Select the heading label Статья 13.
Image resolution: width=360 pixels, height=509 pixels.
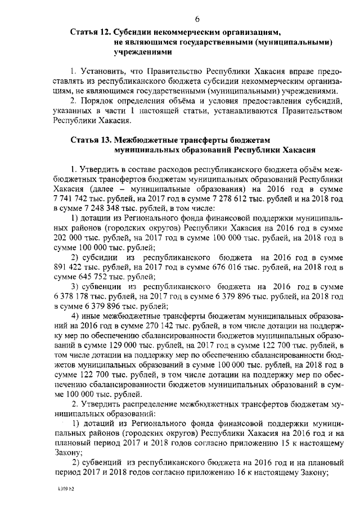click(x=91, y=141)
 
